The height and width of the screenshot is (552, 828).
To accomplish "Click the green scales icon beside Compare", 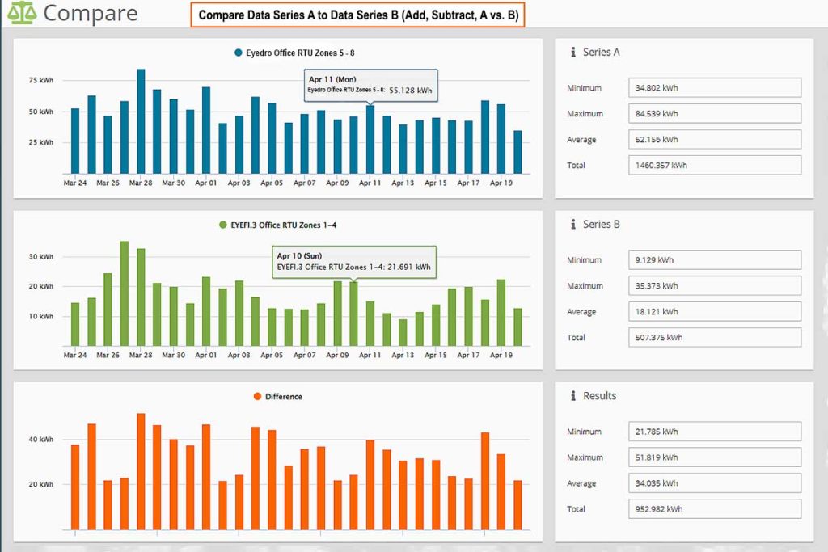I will (22, 14).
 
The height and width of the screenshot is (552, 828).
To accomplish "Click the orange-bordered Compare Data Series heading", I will (357, 15).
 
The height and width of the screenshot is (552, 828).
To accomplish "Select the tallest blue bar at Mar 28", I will (141, 121).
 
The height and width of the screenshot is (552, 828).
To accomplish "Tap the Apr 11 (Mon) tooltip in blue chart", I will (370, 85).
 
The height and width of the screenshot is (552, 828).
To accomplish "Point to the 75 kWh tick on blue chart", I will (41, 81).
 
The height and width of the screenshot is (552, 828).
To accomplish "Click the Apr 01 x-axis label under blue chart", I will (207, 183).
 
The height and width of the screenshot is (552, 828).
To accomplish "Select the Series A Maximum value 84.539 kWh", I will (714, 114).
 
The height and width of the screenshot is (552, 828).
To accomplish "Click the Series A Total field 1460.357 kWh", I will (714, 166).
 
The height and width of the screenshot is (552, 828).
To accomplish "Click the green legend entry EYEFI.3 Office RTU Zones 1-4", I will (277, 225).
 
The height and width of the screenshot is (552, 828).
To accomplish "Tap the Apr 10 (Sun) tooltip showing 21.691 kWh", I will (353, 261).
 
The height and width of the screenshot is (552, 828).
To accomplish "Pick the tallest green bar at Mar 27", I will (125, 293).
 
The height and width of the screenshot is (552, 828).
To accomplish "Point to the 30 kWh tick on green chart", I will (41, 257).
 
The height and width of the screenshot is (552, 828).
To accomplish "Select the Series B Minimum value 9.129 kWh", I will (714, 260).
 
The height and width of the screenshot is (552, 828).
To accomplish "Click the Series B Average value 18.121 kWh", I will (714, 312).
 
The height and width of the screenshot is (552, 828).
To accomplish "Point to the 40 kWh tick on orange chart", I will (41, 440).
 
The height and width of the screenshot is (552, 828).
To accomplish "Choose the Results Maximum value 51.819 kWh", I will (714, 457).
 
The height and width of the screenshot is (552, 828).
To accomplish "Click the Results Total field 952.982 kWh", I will (714, 509).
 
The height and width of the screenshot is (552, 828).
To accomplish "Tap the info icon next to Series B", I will (572, 224).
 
